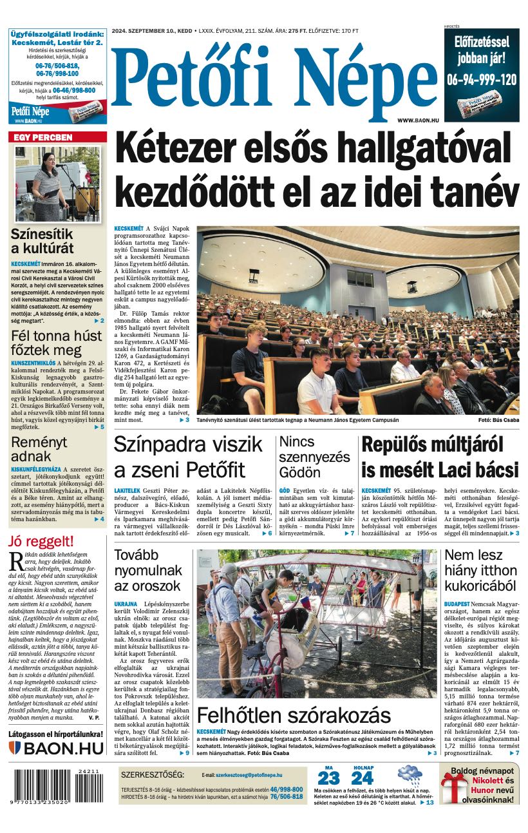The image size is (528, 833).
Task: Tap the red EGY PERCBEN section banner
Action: point(49,137)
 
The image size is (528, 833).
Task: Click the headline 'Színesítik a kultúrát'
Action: point(42,241)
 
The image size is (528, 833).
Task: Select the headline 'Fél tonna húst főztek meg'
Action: point(56,343)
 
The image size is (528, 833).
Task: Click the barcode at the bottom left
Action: point(56,786)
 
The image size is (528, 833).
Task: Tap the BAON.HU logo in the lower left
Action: point(56,748)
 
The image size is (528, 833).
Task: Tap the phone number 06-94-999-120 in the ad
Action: point(482,80)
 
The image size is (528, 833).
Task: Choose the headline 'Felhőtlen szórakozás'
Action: point(294,715)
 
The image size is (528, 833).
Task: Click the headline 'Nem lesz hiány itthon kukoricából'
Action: point(480,570)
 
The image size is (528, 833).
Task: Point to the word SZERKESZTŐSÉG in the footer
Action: point(153,774)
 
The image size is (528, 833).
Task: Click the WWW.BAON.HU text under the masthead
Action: point(418,120)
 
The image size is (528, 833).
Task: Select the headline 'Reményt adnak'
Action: point(39,449)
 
